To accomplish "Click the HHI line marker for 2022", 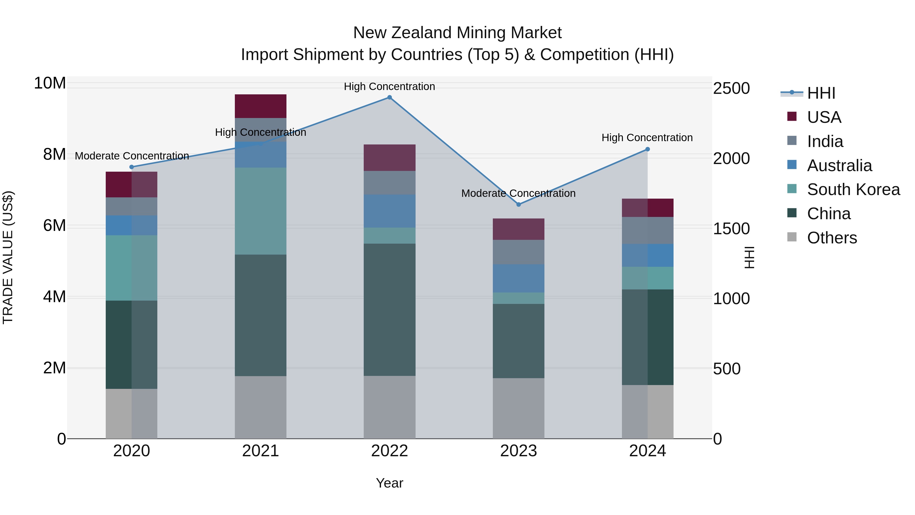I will (x=389, y=97).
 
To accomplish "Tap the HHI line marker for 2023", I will (x=518, y=204).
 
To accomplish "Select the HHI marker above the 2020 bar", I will (x=131, y=167).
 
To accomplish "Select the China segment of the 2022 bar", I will (x=389, y=309).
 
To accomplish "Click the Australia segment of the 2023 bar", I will (x=518, y=278).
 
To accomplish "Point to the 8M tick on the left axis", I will (x=54, y=154).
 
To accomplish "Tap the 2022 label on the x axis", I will (x=389, y=451).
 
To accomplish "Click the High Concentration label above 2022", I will (x=389, y=86).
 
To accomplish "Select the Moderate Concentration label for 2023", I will (x=518, y=193).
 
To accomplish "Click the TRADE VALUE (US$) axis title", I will (x=8, y=257).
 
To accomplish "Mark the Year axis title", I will (x=389, y=483).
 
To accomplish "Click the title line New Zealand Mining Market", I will (x=457, y=33).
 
